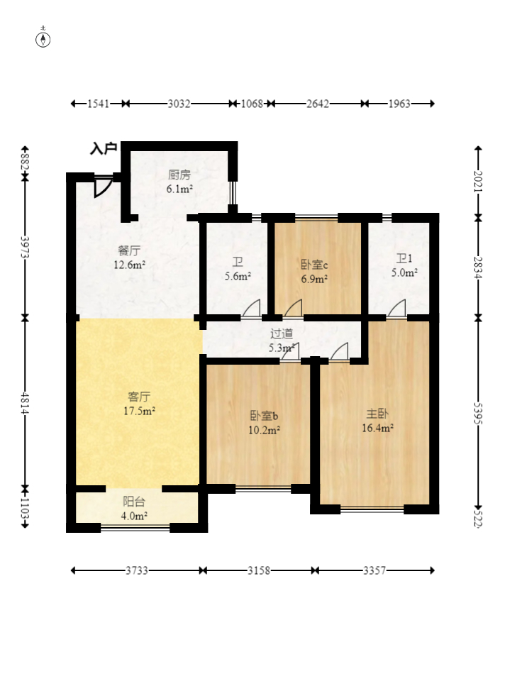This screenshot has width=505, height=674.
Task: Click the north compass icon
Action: pos(43,38)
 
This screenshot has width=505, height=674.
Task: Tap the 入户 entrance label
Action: pos(104,149)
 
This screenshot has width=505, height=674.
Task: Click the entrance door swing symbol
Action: pos(103,186)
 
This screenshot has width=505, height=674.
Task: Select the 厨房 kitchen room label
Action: pos(179,175)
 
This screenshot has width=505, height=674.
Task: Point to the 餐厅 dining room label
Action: pos(128,250)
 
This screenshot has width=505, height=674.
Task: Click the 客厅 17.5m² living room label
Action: pos(140,403)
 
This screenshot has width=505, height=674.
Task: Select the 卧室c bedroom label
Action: pos(314,265)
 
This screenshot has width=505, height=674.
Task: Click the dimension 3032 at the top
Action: pos(179,104)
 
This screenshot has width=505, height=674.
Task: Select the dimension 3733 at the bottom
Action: pos(137,570)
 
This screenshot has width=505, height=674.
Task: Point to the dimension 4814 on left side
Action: pos(25,402)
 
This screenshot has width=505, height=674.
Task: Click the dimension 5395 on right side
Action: pos(479,411)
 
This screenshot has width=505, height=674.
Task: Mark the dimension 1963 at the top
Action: pos(399,104)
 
